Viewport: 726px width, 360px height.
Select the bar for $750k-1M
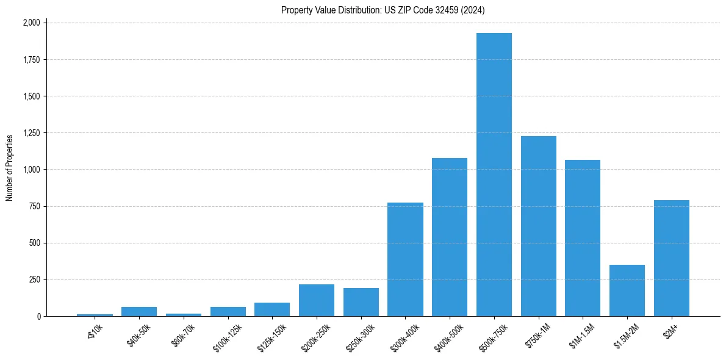click(x=539, y=226)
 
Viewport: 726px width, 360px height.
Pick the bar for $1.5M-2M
click(x=627, y=290)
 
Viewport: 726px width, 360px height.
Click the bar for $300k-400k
click(x=405, y=259)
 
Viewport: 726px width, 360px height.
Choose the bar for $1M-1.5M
click(x=583, y=238)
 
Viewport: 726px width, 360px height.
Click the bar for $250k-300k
click(x=361, y=302)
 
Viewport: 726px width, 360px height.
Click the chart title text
click(x=383, y=10)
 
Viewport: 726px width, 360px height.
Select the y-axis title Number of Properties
click(x=10, y=168)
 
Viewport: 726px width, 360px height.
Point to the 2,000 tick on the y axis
click(x=31, y=23)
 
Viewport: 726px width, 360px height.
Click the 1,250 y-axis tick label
click(x=31, y=133)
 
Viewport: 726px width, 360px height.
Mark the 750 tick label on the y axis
click(x=34, y=206)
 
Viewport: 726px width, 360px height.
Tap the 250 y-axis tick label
click(x=34, y=279)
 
